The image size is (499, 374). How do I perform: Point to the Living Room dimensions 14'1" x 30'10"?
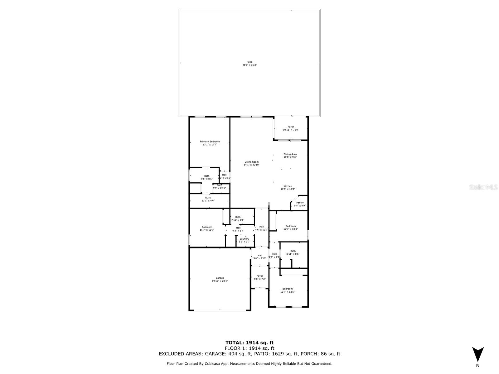[251, 165]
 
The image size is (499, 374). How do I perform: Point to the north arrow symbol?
[477, 354]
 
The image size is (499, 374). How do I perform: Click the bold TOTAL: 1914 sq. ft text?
[249, 343]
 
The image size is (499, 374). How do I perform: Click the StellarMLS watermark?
[484, 187]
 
